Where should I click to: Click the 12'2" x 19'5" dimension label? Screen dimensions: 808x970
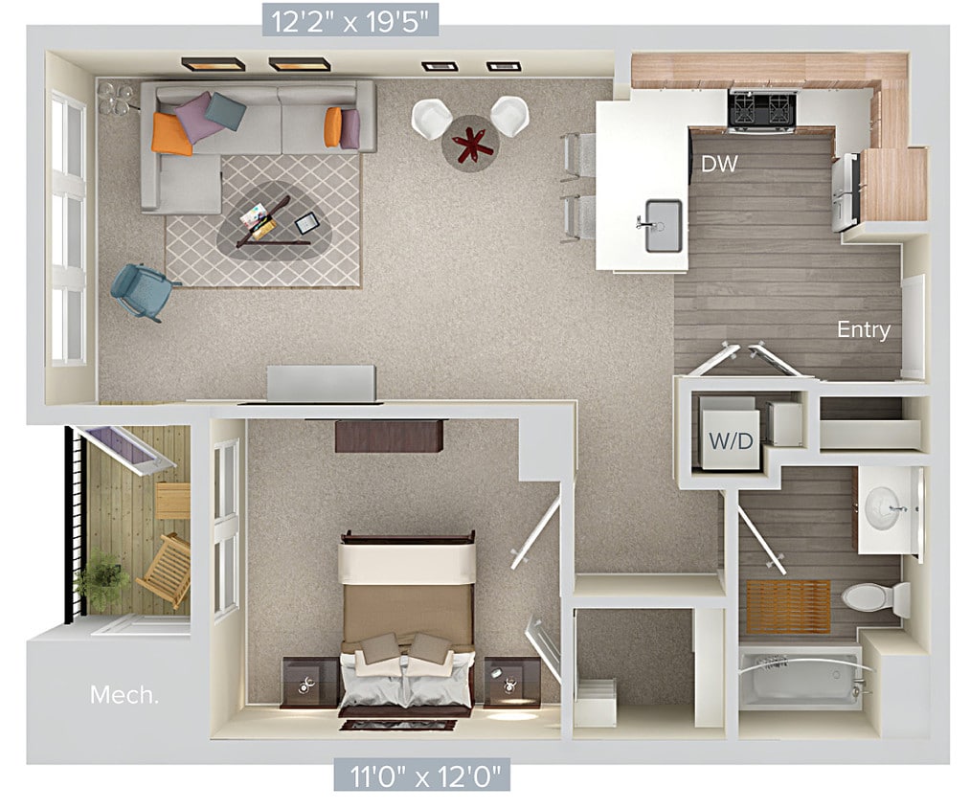tap(350, 18)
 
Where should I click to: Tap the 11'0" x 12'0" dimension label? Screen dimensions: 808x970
tap(421, 774)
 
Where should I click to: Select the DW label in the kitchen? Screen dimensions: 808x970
tap(719, 164)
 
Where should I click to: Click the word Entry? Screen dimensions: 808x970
tap(863, 330)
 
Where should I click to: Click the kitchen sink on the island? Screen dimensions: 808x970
tap(663, 225)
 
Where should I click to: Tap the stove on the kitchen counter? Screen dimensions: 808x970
tap(763, 109)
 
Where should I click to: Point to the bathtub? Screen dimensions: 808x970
tap(801, 678)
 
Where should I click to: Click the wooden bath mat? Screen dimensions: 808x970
tap(788, 606)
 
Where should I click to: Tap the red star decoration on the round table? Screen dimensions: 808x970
tap(471, 142)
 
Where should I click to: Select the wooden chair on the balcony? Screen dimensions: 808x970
tap(165, 570)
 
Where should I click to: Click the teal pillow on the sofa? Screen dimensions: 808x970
tap(225, 111)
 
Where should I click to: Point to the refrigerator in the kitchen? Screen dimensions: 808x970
tap(846, 192)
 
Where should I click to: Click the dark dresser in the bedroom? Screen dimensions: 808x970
tap(389, 436)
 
